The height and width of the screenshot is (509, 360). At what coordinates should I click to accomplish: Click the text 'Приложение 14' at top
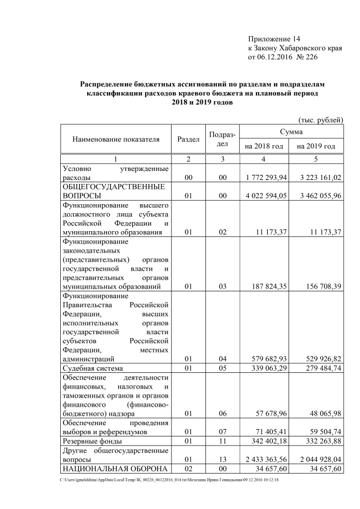coord(274,39)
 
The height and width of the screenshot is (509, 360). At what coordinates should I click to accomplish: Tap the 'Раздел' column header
coord(188,138)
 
